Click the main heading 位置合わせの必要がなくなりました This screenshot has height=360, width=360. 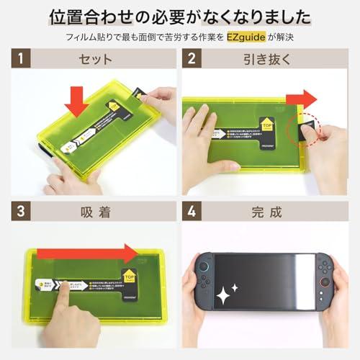[x=180, y=15]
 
